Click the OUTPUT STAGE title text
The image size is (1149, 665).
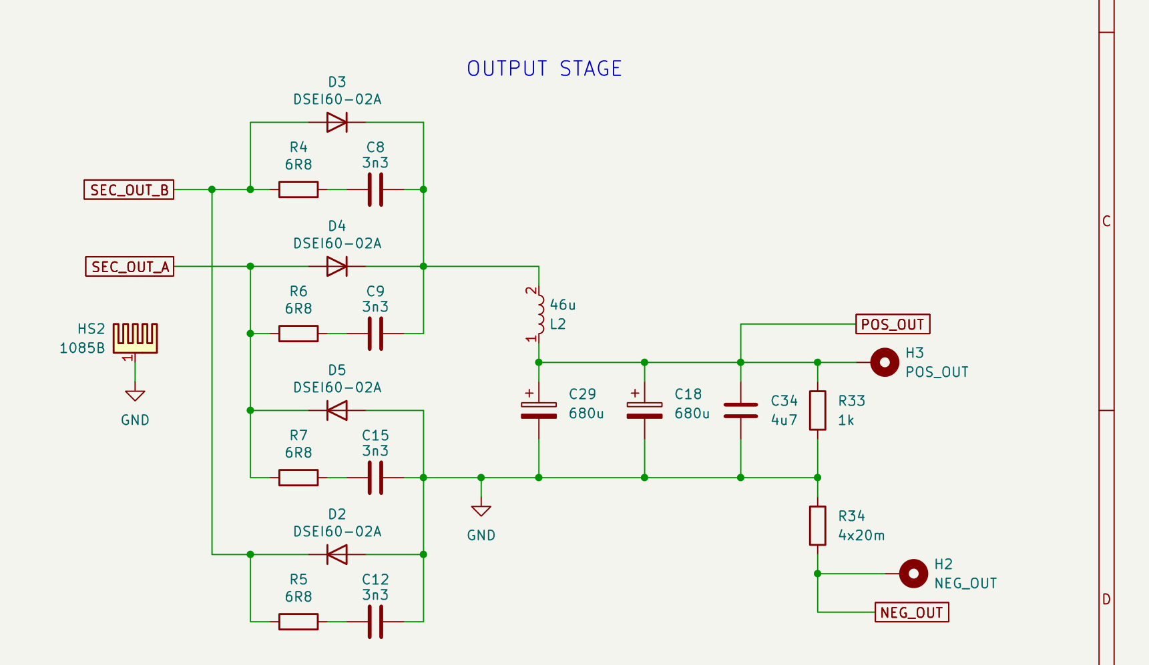[x=544, y=69]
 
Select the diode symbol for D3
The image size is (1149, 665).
[x=336, y=122]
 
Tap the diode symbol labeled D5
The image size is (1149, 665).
[x=336, y=410]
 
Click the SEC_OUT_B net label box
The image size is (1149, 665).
[x=129, y=189]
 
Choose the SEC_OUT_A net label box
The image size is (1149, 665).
[x=130, y=267]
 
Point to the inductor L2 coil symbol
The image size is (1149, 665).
[x=538, y=314]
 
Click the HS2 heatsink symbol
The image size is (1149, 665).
[x=135, y=338]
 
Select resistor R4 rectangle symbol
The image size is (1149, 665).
[x=298, y=189]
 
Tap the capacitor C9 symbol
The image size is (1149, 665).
[x=375, y=334]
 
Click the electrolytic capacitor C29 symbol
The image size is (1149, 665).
[x=539, y=410]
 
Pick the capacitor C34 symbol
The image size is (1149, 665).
[x=740, y=410]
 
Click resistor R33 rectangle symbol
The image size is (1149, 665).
[x=817, y=410]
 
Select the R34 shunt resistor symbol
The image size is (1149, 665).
[x=817, y=526]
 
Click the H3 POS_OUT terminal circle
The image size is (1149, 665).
[x=885, y=362]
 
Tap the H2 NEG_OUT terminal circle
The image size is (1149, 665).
[x=913, y=574]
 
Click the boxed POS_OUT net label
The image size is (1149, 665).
[x=893, y=324]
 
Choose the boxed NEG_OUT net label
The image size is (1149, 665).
[x=911, y=612]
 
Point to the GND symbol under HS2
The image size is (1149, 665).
[x=135, y=396]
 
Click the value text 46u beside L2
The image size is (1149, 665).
[x=563, y=305]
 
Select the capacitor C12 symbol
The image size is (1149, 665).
[x=375, y=622]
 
